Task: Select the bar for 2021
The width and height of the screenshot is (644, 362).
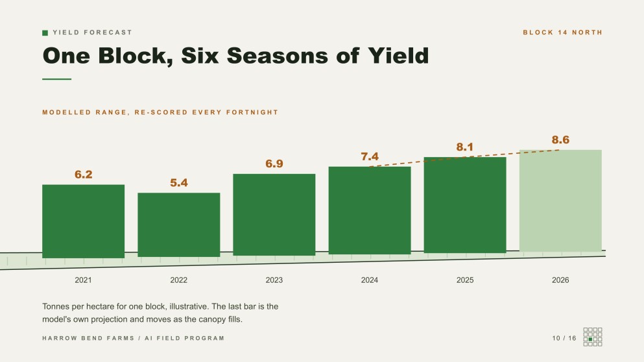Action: (x=84, y=221)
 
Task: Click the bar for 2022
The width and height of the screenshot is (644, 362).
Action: (x=178, y=224)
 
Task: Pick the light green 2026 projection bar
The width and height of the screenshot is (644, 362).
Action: (x=560, y=200)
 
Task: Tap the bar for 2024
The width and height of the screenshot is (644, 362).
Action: (x=370, y=210)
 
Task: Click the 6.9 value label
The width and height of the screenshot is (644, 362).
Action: (x=274, y=164)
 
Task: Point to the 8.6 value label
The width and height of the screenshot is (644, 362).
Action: (x=560, y=140)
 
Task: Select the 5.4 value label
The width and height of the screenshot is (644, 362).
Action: (x=178, y=183)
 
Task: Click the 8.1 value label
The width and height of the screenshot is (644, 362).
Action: (x=465, y=147)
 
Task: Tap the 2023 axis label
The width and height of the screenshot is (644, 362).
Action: (x=274, y=280)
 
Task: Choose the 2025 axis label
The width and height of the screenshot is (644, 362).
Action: (x=465, y=280)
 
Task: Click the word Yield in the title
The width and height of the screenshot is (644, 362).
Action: (x=398, y=56)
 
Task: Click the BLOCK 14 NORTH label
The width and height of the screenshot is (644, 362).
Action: (x=562, y=32)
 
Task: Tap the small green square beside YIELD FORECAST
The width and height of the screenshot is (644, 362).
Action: (x=45, y=33)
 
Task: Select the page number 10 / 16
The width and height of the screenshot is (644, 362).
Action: (x=564, y=338)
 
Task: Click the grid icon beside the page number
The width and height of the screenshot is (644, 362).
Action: (x=593, y=337)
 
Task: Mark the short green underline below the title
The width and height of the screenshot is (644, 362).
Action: (x=56, y=79)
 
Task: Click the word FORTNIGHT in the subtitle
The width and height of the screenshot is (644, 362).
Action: (x=252, y=112)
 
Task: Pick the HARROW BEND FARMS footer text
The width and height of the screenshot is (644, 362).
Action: (x=88, y=338)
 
